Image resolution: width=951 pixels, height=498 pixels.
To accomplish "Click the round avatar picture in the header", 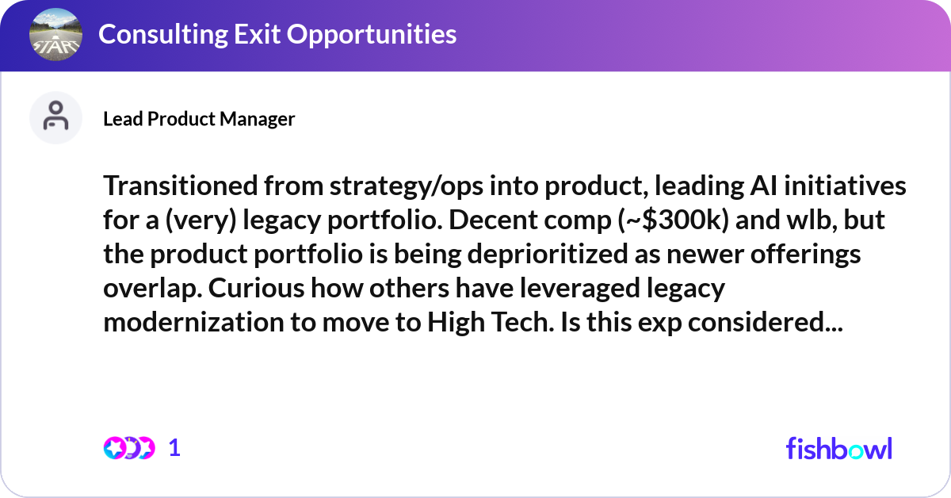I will (x=55, y=35).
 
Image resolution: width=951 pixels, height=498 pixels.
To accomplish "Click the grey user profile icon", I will (x=55, y=117).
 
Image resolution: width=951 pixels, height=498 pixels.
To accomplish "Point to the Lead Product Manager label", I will (x=199, y=119).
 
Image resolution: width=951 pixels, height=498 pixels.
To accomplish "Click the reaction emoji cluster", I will (x=129, y=448).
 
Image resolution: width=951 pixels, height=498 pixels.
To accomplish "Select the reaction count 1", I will (x=175, y=448).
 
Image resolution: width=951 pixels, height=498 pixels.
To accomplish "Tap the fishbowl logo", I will (x=839, y=448).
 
